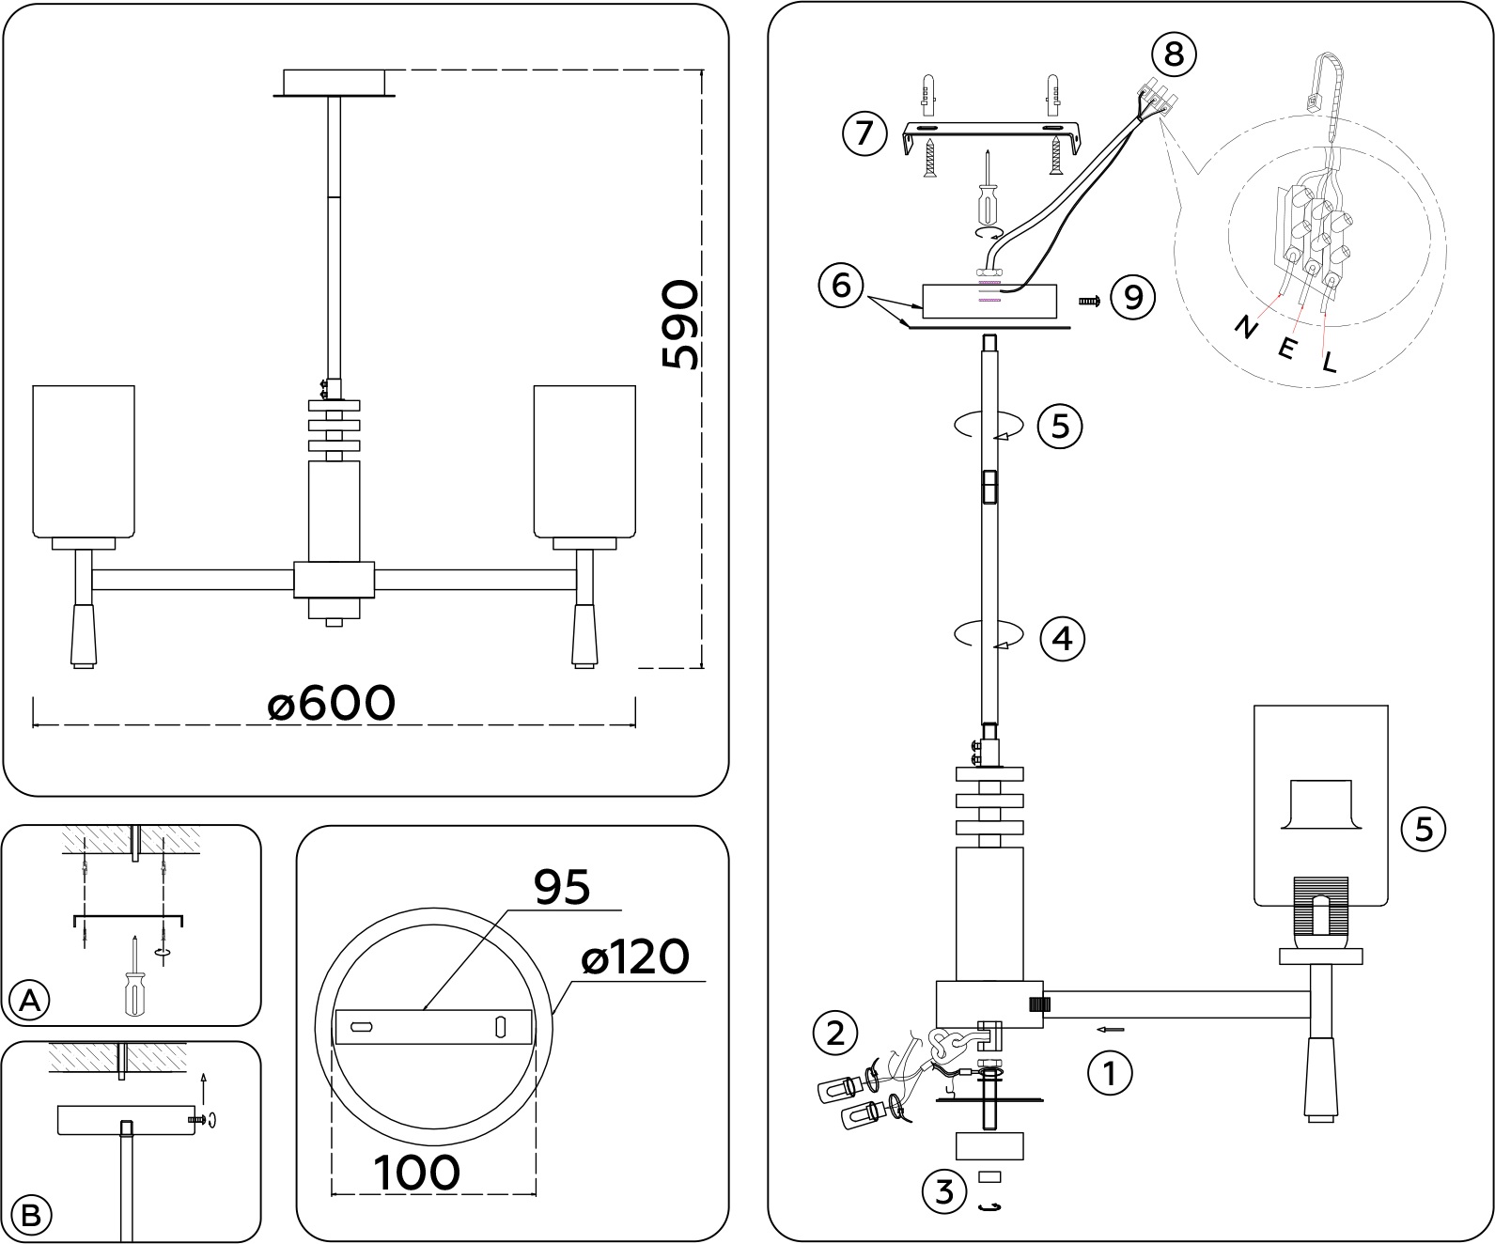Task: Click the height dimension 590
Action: pos(680,325)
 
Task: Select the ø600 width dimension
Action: pos(331,703)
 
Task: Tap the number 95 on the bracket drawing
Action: pos(562,886)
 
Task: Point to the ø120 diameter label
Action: pos(635,957)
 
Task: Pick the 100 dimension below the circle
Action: pos(417,1172)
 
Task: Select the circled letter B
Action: pos(30,1216)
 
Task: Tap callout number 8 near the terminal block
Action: pos(1174,54)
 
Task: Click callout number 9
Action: pos(1133,297)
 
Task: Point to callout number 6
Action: pos(841,284)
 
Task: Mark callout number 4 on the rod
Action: pos(1062,639)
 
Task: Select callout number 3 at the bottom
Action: pos(944,1191)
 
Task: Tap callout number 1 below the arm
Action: pos(1110,1072)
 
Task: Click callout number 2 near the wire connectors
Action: pos(835,1034)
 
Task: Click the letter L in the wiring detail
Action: pos(1329,361)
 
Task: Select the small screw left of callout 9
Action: pos(1090,301)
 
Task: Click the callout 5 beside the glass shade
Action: pos(1424,829)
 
